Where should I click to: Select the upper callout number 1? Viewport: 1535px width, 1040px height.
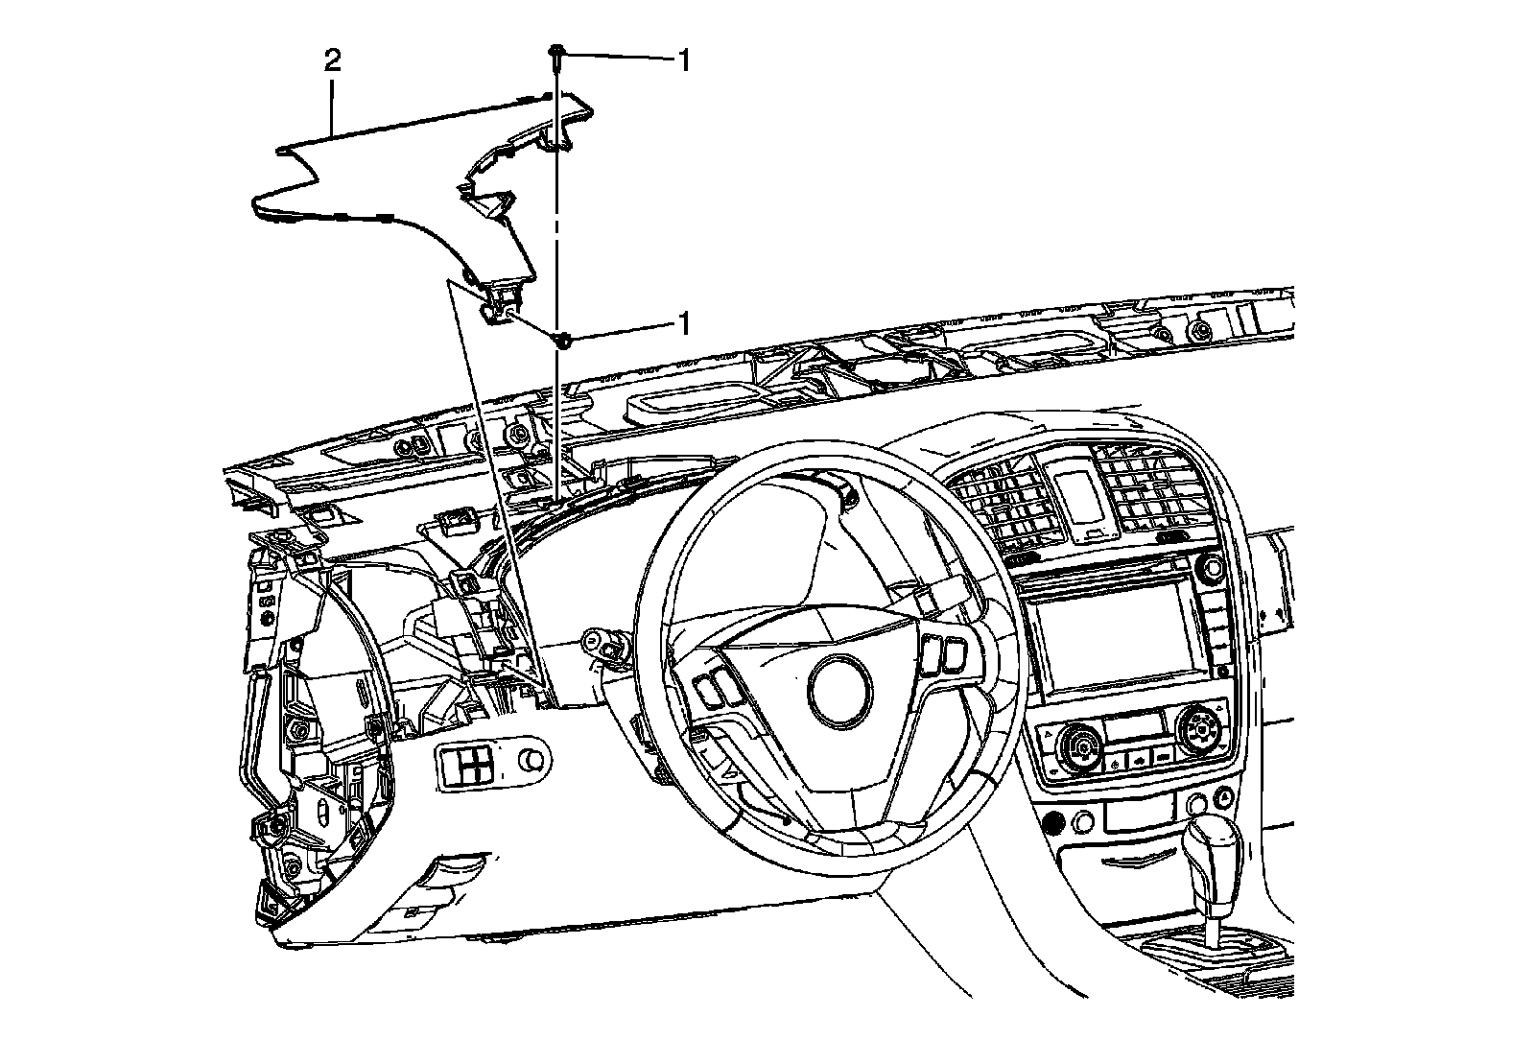coord(684,60)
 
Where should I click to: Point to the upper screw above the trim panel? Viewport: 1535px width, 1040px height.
coord(556,52)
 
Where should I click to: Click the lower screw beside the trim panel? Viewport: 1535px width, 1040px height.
coord(563,339)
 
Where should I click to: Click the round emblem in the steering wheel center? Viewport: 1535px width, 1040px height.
coord(839,689)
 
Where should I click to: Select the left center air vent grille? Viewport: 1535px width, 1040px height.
coord(997,503)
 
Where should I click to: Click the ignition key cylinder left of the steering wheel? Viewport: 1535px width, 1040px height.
coord(602,643)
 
